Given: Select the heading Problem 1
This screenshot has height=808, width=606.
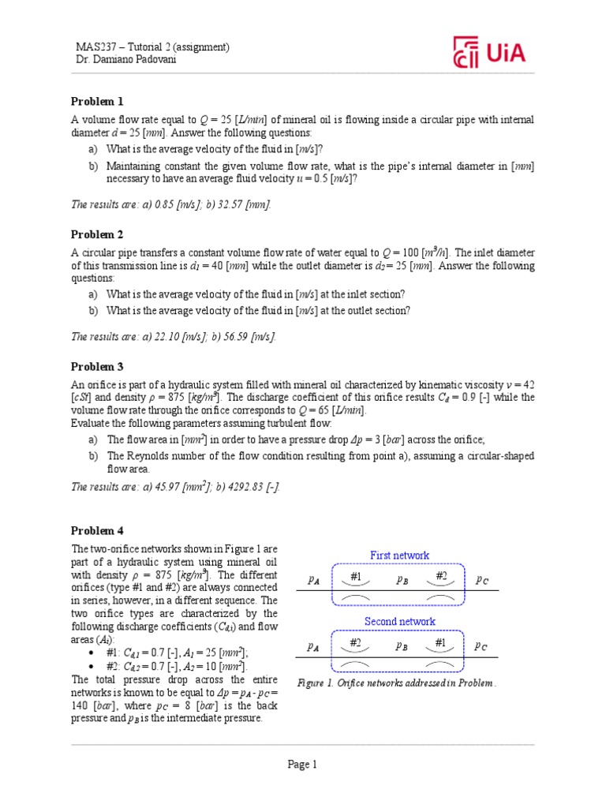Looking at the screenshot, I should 97,102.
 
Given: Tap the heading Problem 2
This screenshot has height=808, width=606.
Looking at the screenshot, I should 97,234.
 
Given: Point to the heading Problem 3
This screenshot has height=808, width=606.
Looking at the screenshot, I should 97,367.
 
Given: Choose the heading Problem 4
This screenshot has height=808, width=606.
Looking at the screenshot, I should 97,530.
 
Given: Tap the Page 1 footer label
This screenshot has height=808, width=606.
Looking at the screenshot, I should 302,764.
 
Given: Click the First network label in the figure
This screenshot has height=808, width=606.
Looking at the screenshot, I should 400,555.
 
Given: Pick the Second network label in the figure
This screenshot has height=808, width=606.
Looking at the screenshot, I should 400,622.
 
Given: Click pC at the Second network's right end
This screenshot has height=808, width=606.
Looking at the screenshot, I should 481,645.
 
